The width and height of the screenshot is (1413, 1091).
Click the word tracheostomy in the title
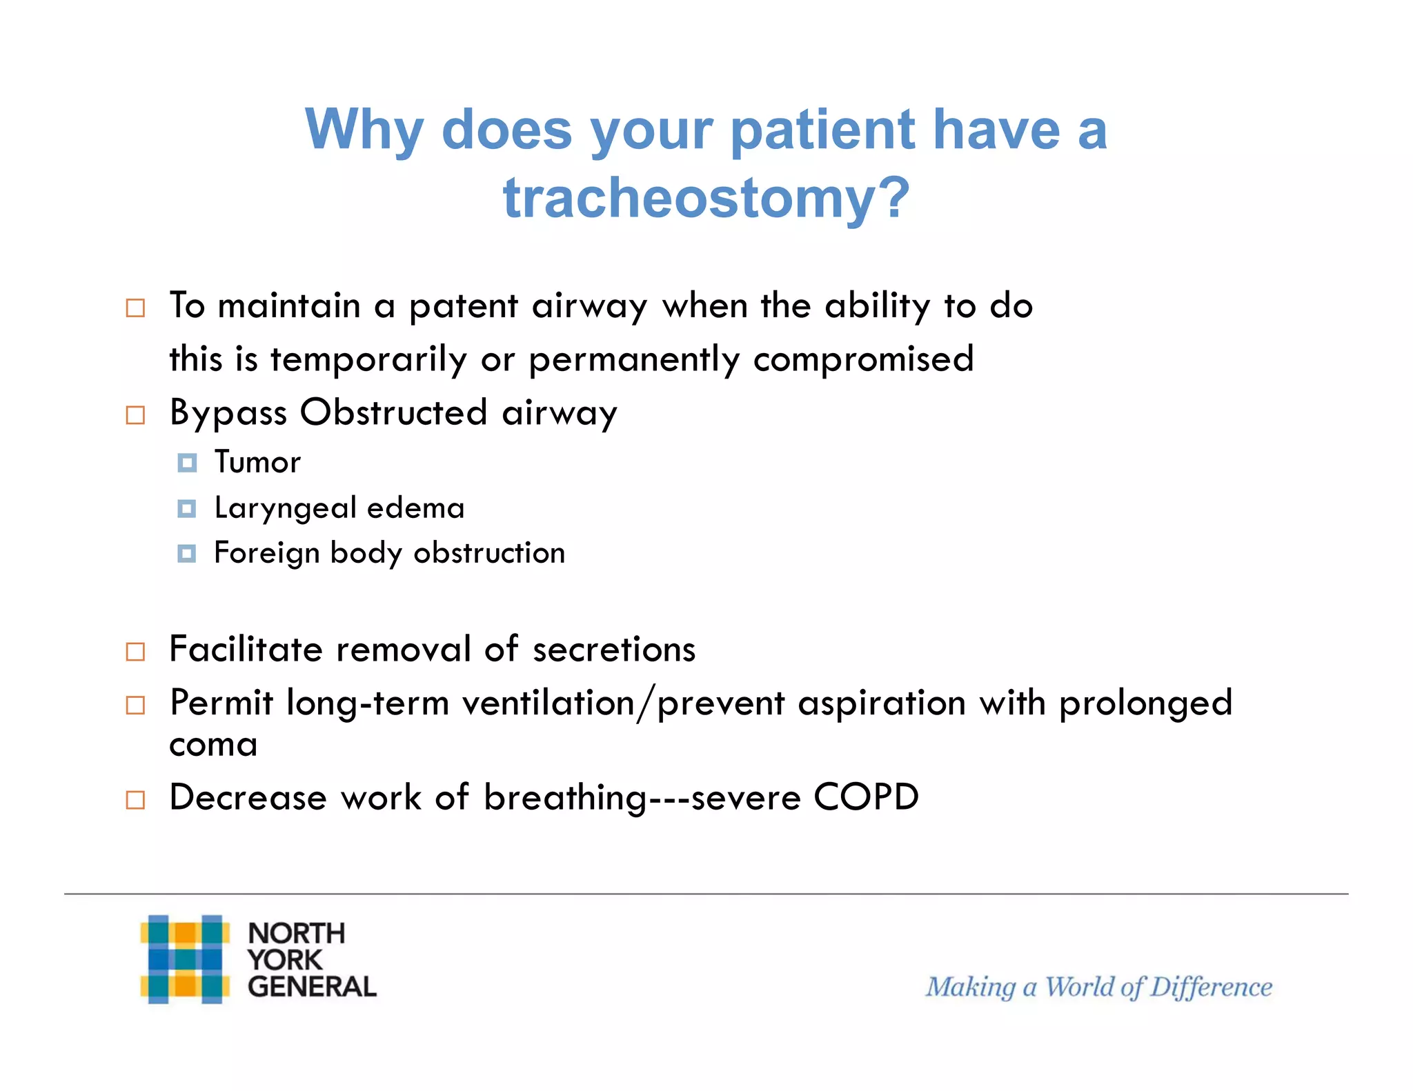pyautogui.click(x=706, y=198)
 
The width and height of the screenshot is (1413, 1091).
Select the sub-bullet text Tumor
pyautogui.click(x=257, y=462)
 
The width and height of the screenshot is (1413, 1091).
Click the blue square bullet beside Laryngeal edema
pyautogui.click(x=186, y=509)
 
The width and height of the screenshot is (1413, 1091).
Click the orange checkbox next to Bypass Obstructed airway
pyautogui.click(x=135, y=415)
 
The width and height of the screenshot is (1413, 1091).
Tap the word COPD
pyautogui.click(x=866, y=797)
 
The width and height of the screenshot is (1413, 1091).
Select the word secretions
pyautogui.click(x=614, y=650)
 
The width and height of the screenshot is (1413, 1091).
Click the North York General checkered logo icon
pyautogui.click(x=185, y=959)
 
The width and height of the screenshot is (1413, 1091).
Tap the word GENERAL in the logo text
pyautogui.click(x=312, y=987)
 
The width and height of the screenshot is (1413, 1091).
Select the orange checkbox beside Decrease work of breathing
pyautogui.click(x=135, y=800)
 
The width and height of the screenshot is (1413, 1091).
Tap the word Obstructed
pyautogui.click(x=394, y=413)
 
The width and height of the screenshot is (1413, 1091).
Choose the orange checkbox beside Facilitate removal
pyautogui.click(x=135, y=652)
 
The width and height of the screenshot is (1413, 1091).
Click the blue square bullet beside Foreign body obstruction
pyautogui.click(x=186, y=554)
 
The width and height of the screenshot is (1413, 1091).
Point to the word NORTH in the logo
pyautogui.click(x=296, y=933)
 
